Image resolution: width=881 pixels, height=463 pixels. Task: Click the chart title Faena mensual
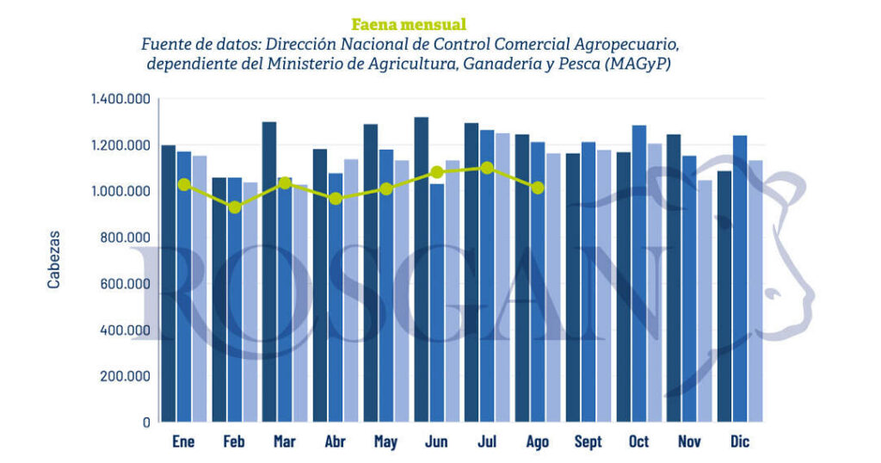[409, 25]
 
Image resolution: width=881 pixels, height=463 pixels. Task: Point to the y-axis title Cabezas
[53, 260]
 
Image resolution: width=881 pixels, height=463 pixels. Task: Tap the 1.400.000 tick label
[120, 100]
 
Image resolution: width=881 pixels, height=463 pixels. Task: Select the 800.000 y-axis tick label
[126, 238]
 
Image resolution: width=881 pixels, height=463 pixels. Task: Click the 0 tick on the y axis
[146, 423]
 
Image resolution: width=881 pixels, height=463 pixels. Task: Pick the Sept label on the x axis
[588, 441]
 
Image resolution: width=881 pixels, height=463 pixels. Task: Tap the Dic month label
[739, 441]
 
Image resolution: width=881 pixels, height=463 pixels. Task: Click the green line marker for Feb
[234, 207]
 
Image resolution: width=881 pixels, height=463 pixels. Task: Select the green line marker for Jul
[487, 168]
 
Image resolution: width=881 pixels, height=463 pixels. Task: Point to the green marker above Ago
[538, 188]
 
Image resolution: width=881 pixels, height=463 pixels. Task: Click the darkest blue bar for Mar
[269, 272]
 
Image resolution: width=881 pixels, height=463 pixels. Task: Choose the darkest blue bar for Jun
[421, 269]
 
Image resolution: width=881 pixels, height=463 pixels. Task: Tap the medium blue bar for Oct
[639, 274]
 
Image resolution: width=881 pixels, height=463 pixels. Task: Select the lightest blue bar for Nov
[705, 301]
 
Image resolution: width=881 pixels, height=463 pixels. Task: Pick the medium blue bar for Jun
[436, 303]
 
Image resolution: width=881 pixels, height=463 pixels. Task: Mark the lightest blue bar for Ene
[200, 289]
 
